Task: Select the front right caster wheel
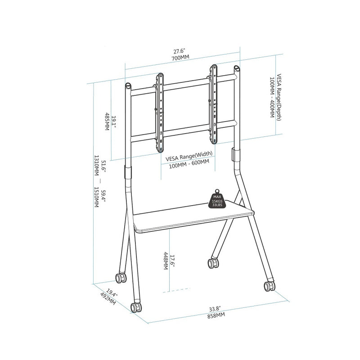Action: pos(270,285)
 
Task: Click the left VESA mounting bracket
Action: pos(160,112)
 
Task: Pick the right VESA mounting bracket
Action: pos(214,103)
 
